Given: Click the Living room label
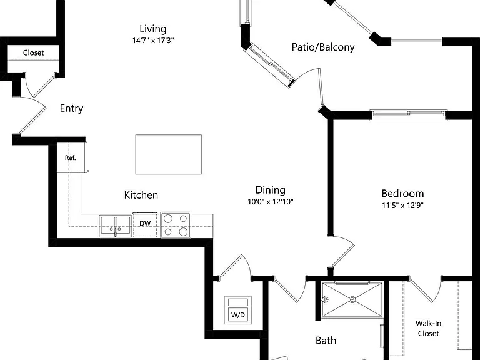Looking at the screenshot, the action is (x=153, y=29).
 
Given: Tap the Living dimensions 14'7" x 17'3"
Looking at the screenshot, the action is (x=153, y=41).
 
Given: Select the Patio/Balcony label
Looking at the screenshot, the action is (x=323, y=47).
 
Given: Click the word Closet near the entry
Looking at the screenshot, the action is (x=33, y=52).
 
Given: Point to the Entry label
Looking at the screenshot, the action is (x=71, y=108).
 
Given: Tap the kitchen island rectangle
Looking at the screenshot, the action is (x=169, y=154).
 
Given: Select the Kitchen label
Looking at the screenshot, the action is (x=141, y=195).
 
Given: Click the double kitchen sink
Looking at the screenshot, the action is (x=116, y=226).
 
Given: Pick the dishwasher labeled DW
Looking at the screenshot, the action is (x=145, y=225).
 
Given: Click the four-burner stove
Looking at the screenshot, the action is (x=176, y=225).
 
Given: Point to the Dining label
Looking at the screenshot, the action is (x=271, y=190).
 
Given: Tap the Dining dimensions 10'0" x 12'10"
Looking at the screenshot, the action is (x=271, y=202).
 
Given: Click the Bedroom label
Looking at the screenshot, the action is (x=403, y=194).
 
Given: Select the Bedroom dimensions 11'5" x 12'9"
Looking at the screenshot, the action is (x=402, y=205).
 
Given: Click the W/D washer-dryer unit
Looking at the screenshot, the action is (x=238, y=310).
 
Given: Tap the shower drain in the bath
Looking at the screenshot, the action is (x=352, y=299).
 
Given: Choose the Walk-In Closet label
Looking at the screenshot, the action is (x=428, y=329).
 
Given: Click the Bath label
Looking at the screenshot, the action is (x=326, y=341).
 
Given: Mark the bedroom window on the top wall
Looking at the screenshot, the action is (x=409, y=114).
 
